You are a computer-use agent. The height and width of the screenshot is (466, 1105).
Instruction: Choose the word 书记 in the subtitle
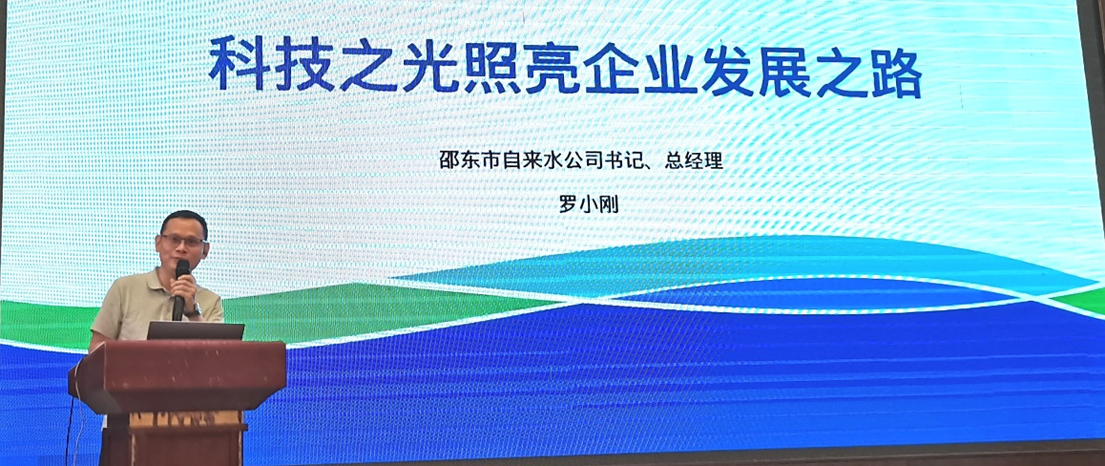[x=639, y=161]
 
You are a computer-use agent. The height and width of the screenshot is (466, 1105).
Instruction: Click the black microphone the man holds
[x=181, y=287]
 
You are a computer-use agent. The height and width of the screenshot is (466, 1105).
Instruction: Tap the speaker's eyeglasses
[x=182, y=241]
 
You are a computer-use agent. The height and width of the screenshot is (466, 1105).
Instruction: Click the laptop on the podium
[x=196, y=330]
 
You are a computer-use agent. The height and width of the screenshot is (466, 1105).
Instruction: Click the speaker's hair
[x=182, y=222]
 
